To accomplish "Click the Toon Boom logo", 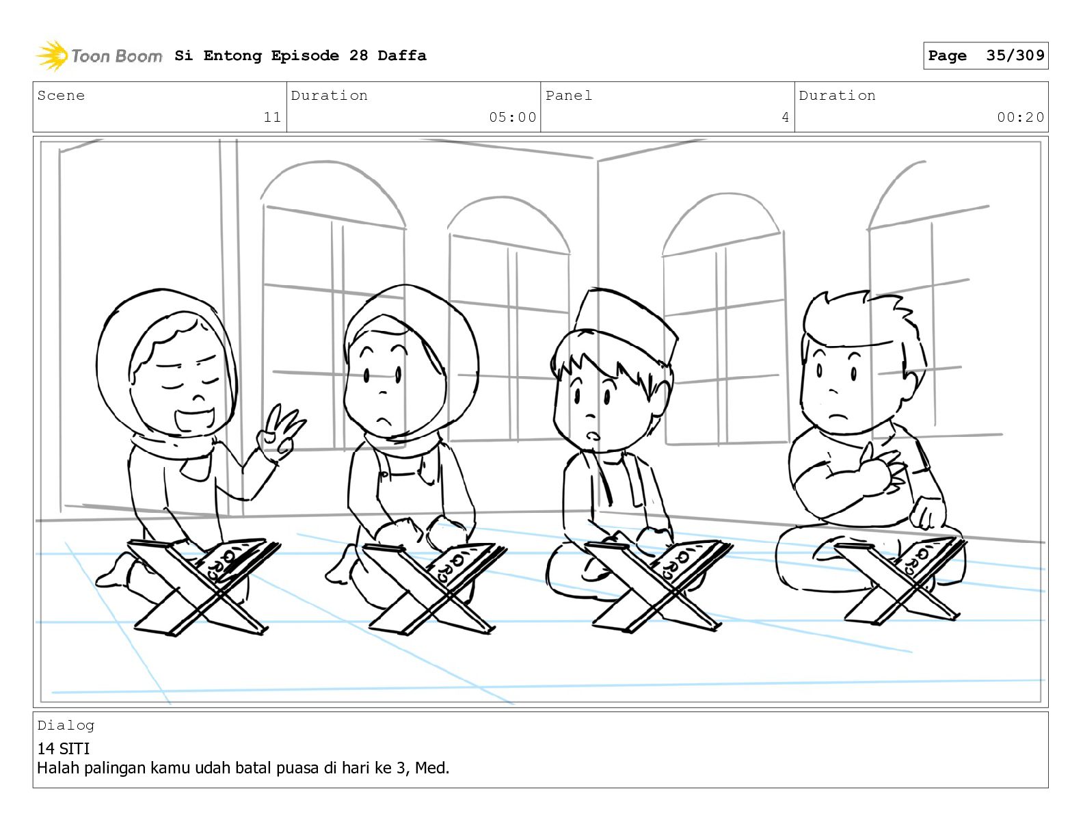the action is coord(99,56).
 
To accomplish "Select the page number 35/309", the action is coord(1015,55).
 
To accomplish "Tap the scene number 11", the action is coord(272,117).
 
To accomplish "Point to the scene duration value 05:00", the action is coord(512,117).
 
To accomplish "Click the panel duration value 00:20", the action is coord(1020,117).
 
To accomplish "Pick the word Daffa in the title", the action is coord(402,55).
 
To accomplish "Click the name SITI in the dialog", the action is coord(75,748).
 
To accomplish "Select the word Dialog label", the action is coord(66,726).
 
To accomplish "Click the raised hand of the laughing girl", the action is coord(280,433).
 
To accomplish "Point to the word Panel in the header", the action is coord(569,95).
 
